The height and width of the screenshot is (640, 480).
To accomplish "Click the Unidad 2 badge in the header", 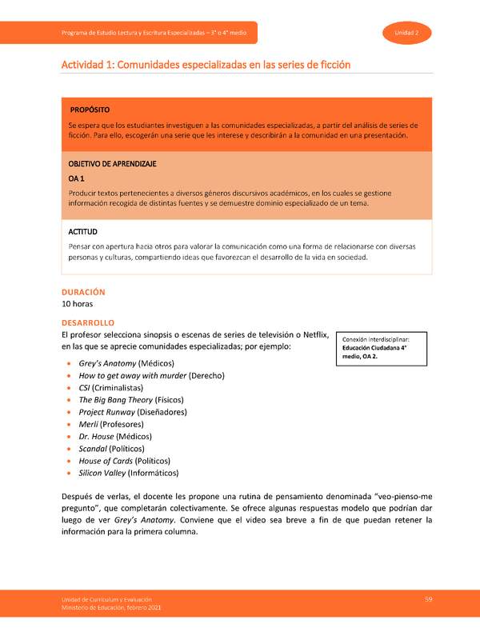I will coord(407,32).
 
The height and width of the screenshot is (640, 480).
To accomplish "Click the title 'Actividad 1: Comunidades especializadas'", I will coord(206,64).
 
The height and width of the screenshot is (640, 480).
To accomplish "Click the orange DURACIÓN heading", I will coord(83,292).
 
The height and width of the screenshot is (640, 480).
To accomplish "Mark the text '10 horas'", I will coord(81,305).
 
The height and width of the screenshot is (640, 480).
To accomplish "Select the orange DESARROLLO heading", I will coord(89,322).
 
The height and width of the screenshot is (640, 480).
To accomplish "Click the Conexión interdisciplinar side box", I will coord(382,348).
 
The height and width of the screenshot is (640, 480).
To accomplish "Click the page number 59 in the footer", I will coord(429,599).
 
